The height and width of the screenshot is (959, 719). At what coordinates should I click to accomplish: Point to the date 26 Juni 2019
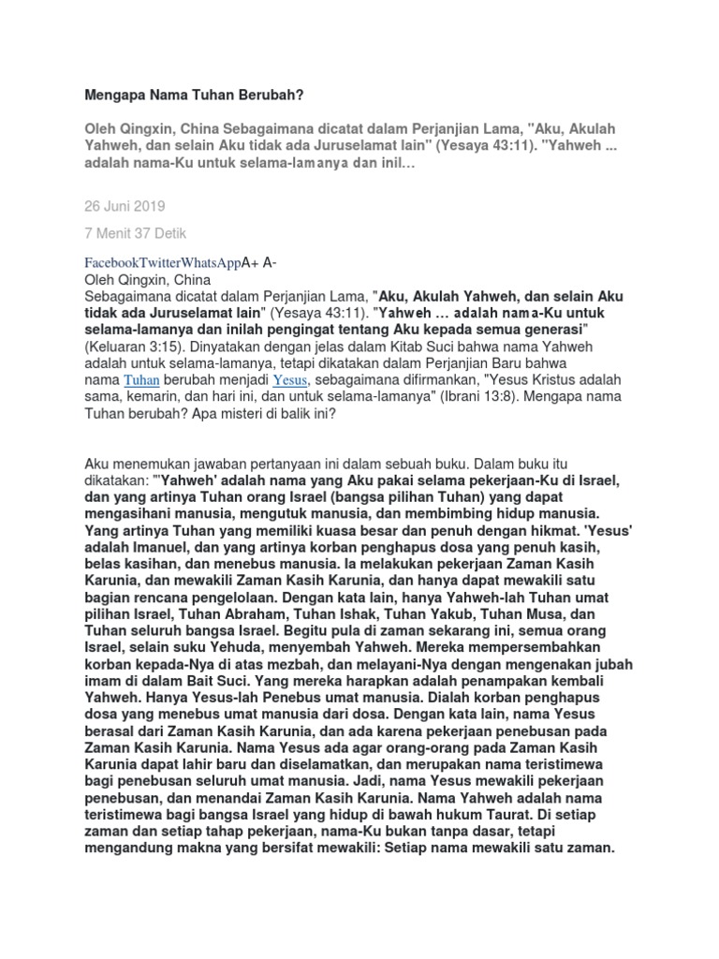click(x=125, y=204)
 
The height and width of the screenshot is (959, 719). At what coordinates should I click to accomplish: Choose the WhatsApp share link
click(x=213, y=263)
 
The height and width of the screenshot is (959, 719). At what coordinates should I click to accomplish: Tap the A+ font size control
click(x=250, y=263)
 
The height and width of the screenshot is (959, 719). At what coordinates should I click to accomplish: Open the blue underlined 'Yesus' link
click(x=289, y=379)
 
